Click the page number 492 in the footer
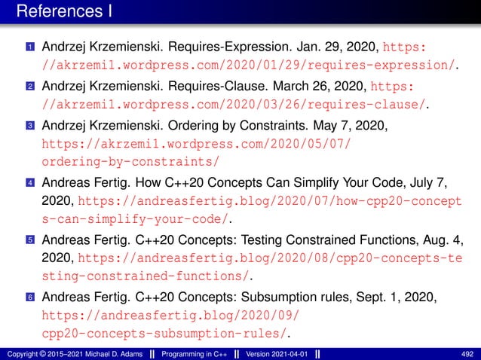466,354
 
